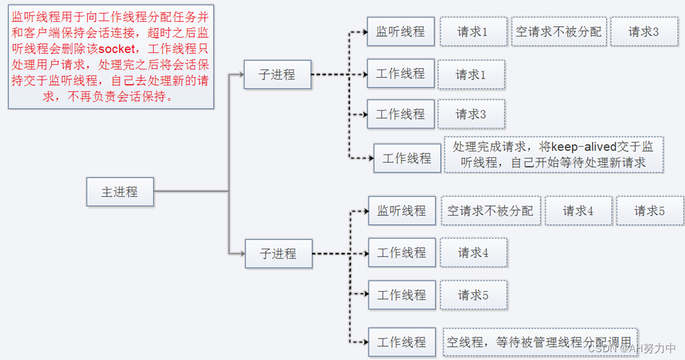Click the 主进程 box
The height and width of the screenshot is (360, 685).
tap(120, 192)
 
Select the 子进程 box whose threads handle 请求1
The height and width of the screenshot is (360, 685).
tap(277, 74)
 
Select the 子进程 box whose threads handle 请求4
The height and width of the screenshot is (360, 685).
tap(278, 253)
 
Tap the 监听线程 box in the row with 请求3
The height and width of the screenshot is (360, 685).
tap(400, 31)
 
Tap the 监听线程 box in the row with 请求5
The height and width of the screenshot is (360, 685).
tap(402, 210)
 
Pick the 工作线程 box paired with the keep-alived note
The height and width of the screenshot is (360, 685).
tap(407, 158)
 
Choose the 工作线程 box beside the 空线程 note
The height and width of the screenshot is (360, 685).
tap(402, 342)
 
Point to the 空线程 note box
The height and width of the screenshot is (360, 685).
tap(539, 342)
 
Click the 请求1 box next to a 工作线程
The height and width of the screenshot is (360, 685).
tap(471, 75)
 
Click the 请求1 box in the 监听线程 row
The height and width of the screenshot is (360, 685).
tap(473, 31)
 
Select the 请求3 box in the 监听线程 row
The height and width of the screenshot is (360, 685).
tap(644, 31)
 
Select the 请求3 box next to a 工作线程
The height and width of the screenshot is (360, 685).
tap(471, 114)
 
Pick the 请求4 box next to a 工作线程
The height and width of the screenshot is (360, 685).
tap(473, 252)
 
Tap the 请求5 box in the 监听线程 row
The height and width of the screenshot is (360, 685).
tap(650, 210)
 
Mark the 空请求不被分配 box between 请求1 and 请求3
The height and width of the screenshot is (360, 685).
tap(558, 31)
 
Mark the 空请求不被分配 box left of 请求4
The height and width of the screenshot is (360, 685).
tap(490, 210)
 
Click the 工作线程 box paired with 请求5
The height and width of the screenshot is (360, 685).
tap(402, 294)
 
